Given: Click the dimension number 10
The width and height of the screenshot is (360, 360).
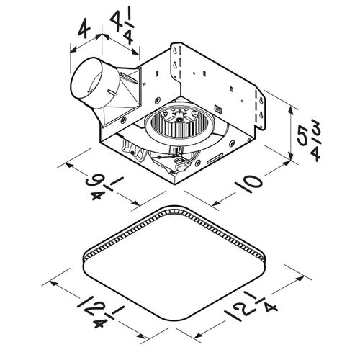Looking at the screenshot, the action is [248, 184].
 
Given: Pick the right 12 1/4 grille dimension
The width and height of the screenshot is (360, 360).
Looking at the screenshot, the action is [251, 304].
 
